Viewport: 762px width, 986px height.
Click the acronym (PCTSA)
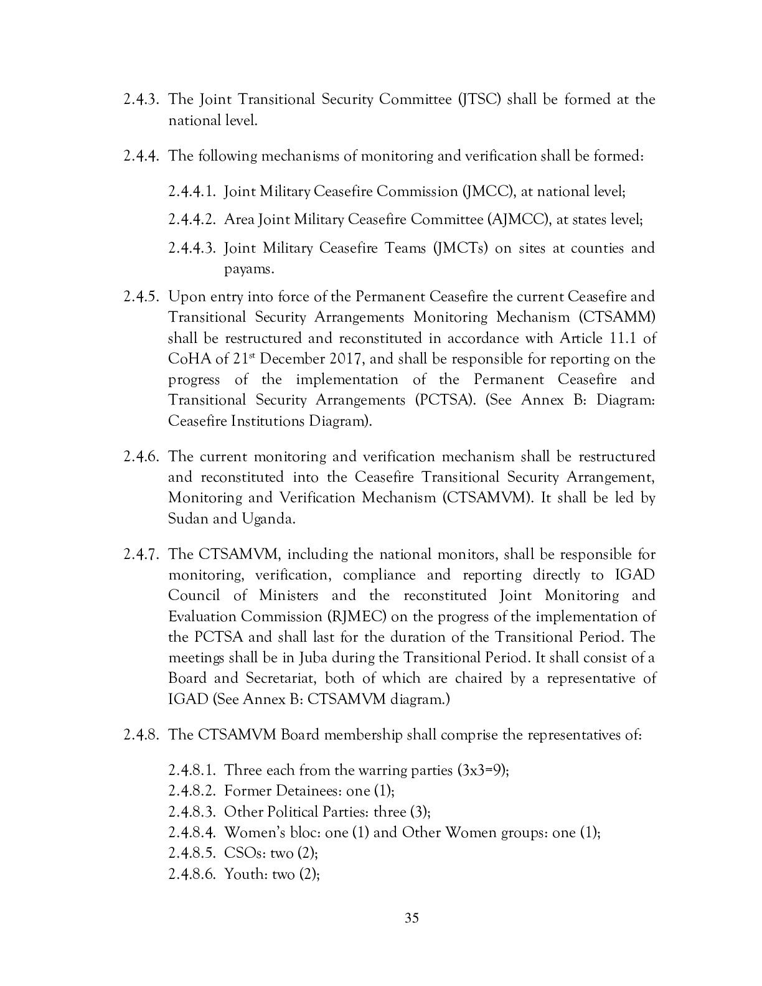[446, 400]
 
